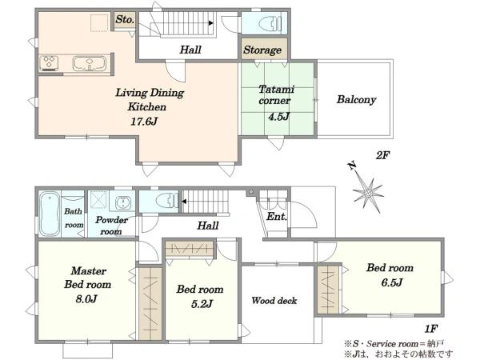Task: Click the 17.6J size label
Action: [144, 122]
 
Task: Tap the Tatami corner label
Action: [276, 95]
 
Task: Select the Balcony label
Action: [356, 100]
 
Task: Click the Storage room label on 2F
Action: [262, 50]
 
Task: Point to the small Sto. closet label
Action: [125, 19]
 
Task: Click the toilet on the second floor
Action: [270, 23]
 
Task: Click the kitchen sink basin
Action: [90, 63]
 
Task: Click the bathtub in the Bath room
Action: [50, 214]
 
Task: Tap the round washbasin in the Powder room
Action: [123, 202]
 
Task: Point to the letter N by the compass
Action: [352, 166]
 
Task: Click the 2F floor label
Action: [382, 155]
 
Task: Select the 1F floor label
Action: [430, 329]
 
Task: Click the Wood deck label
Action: [274, 301]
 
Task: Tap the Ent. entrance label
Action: [277, 217]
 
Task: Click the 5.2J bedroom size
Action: [202, 304]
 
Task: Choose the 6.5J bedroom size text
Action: [391, 282]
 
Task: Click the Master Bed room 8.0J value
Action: [86, 298]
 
